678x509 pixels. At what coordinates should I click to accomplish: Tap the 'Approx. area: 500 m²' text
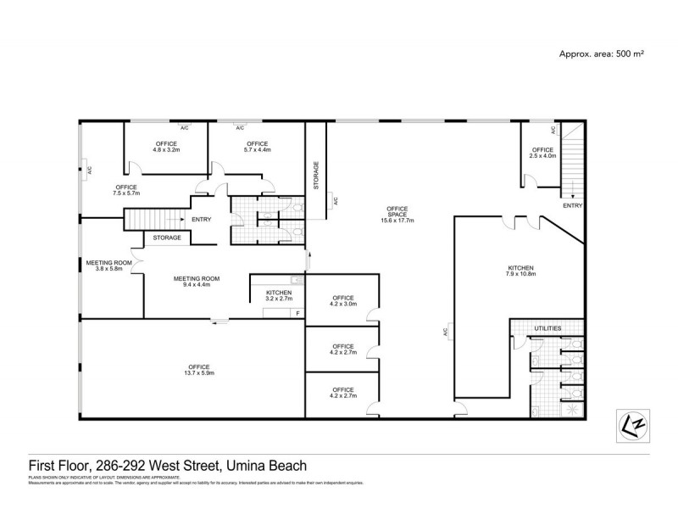(x=601, y=53)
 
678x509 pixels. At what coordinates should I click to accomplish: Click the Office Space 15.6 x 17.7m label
(x=397, y=213)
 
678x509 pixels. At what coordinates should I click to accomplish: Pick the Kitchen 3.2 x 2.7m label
(x=278, y=295)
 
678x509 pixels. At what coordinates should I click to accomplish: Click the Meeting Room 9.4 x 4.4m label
(x=197, y=282)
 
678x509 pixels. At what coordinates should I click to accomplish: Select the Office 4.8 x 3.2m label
(x=166, y=147)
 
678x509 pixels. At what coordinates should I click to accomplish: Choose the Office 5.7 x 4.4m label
(x=257, y=147)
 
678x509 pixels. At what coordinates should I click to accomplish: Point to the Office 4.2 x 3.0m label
(x=342, y=301)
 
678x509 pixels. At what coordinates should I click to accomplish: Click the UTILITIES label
(x=547, y=327)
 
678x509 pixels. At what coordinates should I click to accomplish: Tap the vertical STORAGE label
(x=316, y=174)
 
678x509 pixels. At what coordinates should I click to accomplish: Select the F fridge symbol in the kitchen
(x=297, y=314)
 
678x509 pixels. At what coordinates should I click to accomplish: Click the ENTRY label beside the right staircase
(x=572, y=205)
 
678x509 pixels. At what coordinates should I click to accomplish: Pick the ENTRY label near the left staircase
(x=201, y=221)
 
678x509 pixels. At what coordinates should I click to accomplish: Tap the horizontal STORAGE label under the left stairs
(x=167, y=238)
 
